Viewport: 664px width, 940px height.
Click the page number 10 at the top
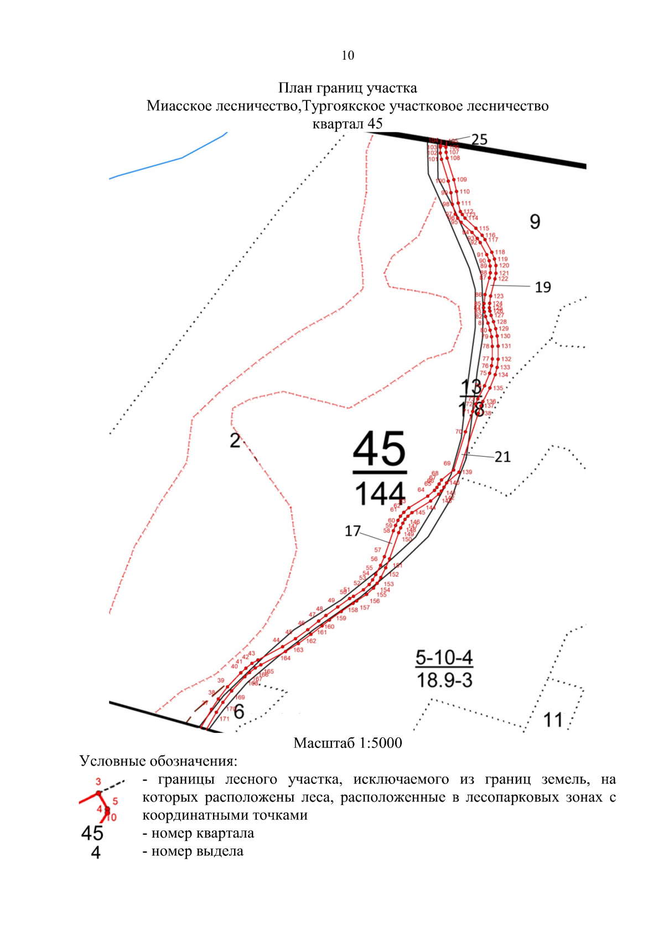(347, 55)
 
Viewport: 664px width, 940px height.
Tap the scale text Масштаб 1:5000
(347, 743)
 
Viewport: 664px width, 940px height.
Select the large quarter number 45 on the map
(380, 450)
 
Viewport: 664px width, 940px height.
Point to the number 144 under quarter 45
(380, 494)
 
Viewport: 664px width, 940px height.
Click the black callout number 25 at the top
(479, 140)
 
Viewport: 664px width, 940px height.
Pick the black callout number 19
(543, 287)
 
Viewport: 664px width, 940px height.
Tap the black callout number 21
(502, 457)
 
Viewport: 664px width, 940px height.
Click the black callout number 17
(352, 531)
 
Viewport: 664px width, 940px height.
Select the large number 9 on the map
(535, 222)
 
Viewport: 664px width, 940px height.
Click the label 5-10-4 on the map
(444, 658)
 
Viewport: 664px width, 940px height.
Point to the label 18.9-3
(444, 680)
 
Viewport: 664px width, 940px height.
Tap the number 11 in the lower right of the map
(553, 720)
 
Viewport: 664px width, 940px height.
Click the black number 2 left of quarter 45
(235, 441)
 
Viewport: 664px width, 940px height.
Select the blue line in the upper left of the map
(166, 163)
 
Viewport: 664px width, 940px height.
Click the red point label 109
(462, 179)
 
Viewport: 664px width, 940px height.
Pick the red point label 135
(498, 388)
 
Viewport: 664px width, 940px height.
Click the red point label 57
(377, 550)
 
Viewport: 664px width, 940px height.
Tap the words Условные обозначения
(158, 761)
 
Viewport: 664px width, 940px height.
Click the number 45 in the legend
(92, 833)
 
